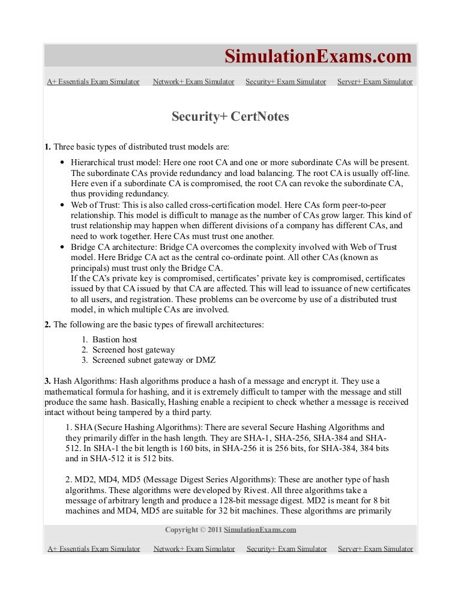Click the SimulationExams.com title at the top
318,56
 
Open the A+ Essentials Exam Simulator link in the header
93,82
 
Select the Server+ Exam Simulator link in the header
375,82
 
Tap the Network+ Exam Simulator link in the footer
194,548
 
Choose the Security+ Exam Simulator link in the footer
286,548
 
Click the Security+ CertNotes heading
230,117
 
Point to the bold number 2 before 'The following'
47,325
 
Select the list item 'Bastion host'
115,339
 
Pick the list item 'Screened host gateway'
133,350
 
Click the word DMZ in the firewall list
205,360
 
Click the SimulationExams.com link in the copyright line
261,530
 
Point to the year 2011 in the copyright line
214,530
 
